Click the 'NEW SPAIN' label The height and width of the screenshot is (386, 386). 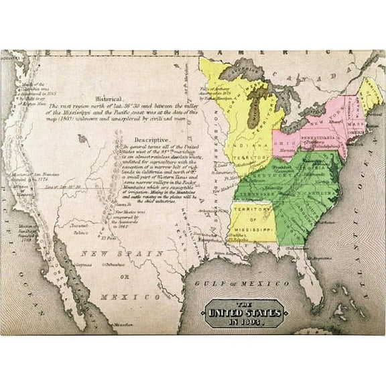[122, 253]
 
